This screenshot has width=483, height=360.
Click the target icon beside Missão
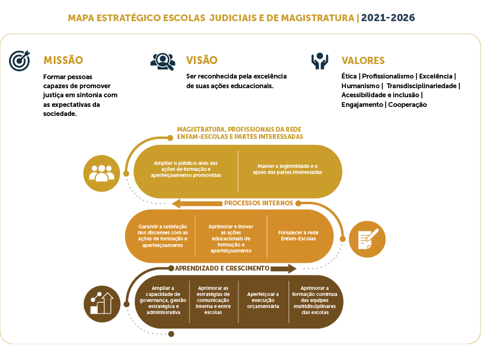click(19, 60)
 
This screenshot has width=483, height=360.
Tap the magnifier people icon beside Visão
click(162, 62)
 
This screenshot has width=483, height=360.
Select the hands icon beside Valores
click(319, 61)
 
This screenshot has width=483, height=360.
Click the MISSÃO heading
click(63, 60)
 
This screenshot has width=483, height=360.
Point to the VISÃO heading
click(202, 60)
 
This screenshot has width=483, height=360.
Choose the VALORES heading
click(363, 60)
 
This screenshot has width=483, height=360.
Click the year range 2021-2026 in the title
click(388, 18)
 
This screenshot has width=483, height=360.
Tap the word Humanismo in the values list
click(360, 86)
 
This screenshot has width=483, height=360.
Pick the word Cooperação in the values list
click(407, 104)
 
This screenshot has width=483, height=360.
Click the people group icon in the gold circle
click(101, 173)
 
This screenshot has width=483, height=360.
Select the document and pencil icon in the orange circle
click(367, 239)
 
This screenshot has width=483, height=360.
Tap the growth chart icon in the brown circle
click(102, 304)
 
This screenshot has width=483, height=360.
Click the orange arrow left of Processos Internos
click(197, 204)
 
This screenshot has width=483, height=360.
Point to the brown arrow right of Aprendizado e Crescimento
click(283, 268)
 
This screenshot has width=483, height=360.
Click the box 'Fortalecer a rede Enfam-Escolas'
click(298, 236)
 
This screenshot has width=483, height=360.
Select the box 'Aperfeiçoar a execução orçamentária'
click(263, 300)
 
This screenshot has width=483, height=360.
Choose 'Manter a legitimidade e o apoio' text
click(287, 169)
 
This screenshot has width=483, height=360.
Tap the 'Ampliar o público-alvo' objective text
click(186, 169)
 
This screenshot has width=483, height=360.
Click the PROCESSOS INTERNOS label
click(258, 203)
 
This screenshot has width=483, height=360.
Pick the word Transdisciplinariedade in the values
click(421, 86)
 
